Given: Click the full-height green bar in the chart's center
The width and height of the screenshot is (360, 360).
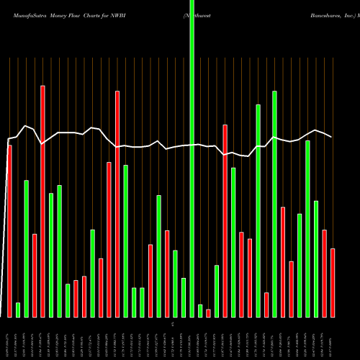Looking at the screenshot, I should (192, 158).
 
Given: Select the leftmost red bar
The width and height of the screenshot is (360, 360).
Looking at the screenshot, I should (9, 230).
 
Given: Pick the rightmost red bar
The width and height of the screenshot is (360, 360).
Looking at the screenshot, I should (333, 282).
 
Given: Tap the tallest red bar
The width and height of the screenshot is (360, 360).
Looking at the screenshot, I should (42, 202).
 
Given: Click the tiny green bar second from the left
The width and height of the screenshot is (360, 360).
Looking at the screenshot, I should (18, 310).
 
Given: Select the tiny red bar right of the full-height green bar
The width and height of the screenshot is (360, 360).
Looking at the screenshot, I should (208, 313).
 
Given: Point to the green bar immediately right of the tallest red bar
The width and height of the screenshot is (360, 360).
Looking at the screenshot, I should (51, 255).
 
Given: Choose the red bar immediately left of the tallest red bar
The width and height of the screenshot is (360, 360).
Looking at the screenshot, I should (35, 275).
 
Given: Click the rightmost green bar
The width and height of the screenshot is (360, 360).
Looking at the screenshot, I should (316, 258).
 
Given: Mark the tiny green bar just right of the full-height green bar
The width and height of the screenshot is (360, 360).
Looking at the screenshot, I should (200, 310).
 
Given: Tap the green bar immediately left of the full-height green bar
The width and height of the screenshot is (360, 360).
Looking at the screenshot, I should (184, 297).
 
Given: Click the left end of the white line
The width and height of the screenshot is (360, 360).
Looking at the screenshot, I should (8, 139).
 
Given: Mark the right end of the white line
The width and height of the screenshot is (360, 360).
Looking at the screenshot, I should (332, 137).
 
